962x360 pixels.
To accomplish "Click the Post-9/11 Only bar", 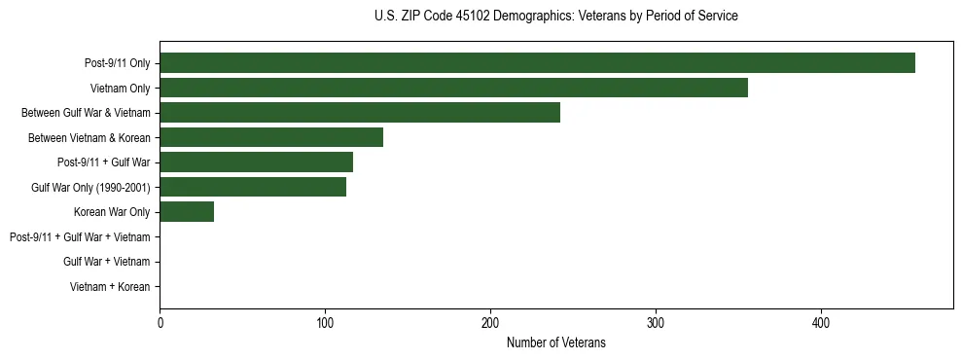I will coord(537,63).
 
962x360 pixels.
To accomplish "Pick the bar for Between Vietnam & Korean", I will coord(271,137).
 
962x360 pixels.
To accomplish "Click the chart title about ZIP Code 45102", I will coord(555,17).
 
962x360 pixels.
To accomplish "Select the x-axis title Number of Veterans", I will coord(555,342).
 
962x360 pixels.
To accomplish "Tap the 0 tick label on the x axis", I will coord(160,323).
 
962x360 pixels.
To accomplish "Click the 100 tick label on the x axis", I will coord(325,323).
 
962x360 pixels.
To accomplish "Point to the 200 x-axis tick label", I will coord(490,323).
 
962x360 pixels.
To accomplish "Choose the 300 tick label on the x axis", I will coord(656,323).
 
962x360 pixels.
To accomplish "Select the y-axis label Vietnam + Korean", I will coord(110,287).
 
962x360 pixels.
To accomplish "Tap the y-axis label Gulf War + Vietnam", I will coord(106,262).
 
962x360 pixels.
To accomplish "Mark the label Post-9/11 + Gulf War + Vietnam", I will coord(80,237).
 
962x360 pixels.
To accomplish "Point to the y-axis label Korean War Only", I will coord(111,212).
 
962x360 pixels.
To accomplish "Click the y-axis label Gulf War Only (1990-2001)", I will coord(90,188).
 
